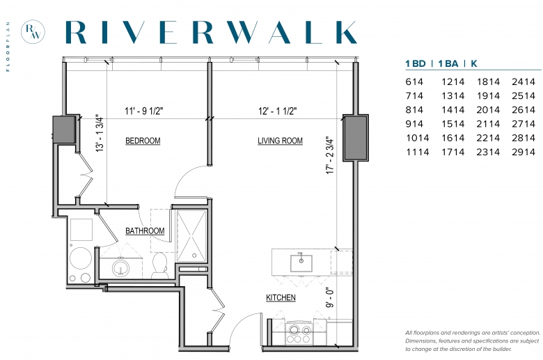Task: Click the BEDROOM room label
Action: coord(143,141)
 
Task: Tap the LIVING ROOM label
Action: coord(280,141)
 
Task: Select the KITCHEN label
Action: coord(281,297)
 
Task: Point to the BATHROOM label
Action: coord(145,230)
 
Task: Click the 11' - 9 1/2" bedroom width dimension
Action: coord(143,111)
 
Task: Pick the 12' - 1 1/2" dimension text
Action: coord(278,111)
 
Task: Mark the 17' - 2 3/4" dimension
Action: coord(330,155)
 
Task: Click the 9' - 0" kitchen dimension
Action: coord(330,297)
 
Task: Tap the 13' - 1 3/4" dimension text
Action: coord(100,134)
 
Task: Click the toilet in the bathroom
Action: coord(159,265)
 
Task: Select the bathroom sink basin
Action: coord(120,268)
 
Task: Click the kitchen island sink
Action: coord(301,263)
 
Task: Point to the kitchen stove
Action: coord(299,333)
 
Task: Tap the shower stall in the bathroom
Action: coord(191,235)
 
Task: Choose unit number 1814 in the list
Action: coord(488,81)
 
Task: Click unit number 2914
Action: coord(524,152)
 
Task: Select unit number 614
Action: coord(414,81)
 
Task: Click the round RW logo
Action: coord(33,32)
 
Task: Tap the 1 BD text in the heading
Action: coord(416,63)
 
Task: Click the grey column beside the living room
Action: coord(356,138)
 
